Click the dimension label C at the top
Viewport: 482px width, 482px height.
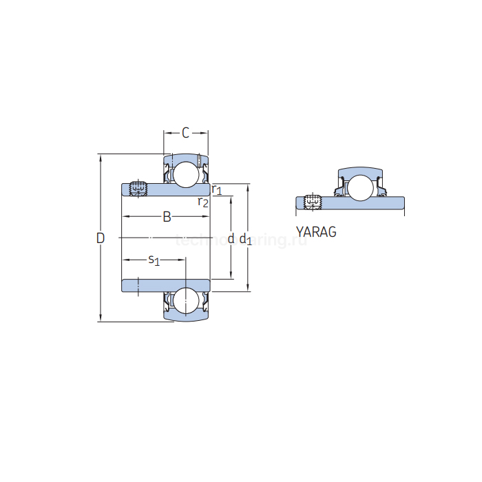[185, 132]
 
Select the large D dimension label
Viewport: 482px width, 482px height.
[101, 238]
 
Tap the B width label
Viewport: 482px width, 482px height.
[167, 218]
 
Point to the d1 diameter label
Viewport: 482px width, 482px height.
[245, 239]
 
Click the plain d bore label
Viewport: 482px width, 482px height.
[231, 238]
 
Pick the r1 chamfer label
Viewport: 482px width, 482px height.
[217, 189]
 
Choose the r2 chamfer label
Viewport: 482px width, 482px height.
[203, 202]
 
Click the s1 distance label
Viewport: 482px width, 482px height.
[154, 260]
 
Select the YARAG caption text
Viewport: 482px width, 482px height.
[316, 232]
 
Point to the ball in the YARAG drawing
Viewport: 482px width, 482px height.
[359, 188]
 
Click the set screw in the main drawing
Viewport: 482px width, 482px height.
[138, 187]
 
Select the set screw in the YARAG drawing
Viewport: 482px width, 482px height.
[313, 202]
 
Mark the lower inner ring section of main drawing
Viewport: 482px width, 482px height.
[166, 285]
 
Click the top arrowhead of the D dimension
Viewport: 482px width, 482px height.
[101, 158]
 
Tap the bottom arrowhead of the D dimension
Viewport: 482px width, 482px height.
[101, 317]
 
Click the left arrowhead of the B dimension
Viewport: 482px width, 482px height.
[126, 218]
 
